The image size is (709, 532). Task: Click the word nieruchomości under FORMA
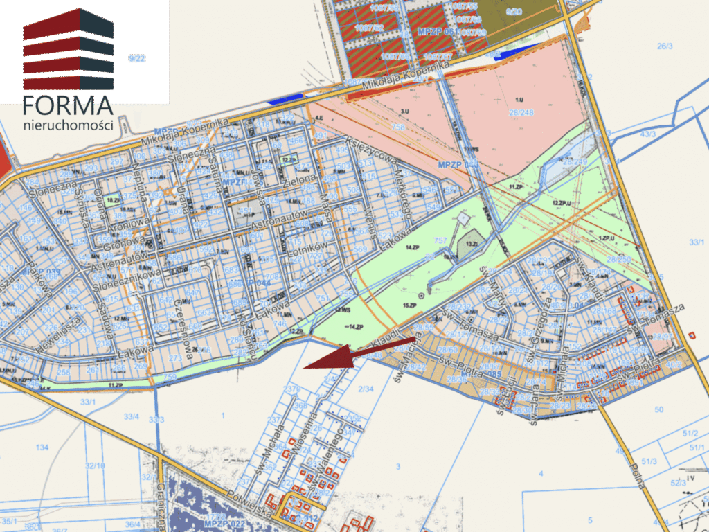point(68,125)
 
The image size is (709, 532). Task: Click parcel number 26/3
point(665,46)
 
